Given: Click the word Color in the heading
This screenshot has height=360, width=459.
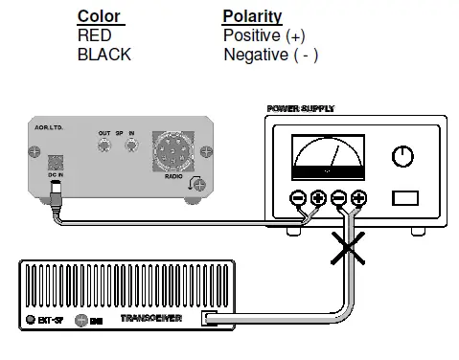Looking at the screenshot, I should pos(99,16).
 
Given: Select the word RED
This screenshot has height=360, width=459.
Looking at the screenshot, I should pos(94,35).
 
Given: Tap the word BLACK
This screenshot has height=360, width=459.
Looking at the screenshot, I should pos(103,55).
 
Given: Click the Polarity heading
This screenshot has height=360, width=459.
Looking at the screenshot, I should pos(252,16).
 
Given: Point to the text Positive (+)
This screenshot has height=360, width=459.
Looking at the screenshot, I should pos(264,35).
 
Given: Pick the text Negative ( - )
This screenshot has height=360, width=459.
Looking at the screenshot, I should pos(271,55).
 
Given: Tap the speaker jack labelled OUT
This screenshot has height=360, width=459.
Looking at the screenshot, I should pos(103,146).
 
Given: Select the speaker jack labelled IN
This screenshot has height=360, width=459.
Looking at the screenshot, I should pos(132,146).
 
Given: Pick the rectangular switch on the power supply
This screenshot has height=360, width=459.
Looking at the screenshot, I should pos(404,198).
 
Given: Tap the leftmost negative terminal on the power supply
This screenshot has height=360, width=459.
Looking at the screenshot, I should pos(298,199).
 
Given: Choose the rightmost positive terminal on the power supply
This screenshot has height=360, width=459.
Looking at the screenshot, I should pos(358,199).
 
